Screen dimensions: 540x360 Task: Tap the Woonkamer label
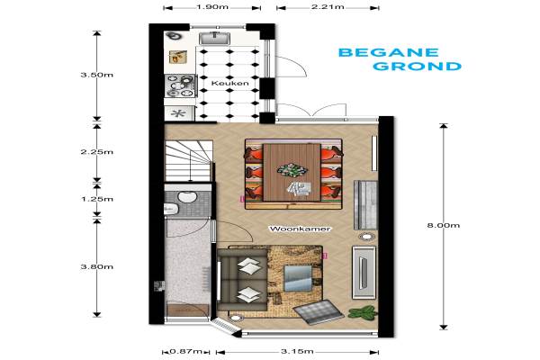click(x=300, y=229)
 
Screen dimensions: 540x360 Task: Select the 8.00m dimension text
click(x=444, y=225)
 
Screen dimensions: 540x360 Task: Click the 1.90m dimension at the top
click(x=212, y=7)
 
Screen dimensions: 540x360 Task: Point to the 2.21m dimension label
click(x=328, y=7)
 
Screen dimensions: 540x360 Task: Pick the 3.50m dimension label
click(x=97, y=75)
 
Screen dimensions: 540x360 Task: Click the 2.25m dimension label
click(x=97, y=152)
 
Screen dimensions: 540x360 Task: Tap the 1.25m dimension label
click(x=97, y=199)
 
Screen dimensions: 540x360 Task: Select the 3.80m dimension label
click(x=97, y=266)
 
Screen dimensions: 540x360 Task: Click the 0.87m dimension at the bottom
click(x=186, y=351)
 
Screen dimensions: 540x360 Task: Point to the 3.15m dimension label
click(x=297, y=351)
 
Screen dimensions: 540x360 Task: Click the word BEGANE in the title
click(x=389, y=52)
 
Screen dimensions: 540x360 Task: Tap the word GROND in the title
click(x=417, y=66)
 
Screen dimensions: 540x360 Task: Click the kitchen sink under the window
click(x=215, y=38)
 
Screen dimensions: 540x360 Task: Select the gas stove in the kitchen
click(x=180, y=85)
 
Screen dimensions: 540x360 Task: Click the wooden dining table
click(x=292, y=172)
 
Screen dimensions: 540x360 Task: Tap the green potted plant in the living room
click(x=363, y=312)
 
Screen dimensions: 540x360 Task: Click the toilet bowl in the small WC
click(x=187, y=197)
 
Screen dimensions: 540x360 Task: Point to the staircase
click(x=188, y=160)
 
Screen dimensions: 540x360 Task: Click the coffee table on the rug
click(x=298, y=278)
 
